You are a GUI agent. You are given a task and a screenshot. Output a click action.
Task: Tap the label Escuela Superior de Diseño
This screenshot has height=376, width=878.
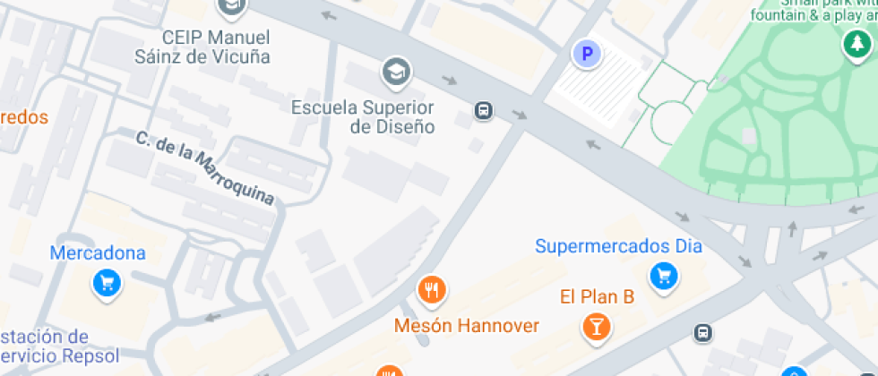coord(363,117)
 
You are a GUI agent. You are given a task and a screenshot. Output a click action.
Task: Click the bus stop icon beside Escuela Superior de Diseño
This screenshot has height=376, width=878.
coord(484,111)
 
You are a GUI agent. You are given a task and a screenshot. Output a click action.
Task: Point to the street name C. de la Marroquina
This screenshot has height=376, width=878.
coord(205,168)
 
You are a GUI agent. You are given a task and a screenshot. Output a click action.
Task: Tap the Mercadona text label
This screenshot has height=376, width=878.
coord(98,253)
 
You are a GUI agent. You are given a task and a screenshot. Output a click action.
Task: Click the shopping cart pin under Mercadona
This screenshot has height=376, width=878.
coord(108,285)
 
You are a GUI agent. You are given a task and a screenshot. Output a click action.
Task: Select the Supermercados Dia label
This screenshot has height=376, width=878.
coord(618,246)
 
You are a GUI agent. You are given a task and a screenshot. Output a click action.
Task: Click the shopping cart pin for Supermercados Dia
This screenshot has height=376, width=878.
coord(664,276)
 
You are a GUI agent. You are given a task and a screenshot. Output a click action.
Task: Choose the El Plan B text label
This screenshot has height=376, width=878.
coord(597,296)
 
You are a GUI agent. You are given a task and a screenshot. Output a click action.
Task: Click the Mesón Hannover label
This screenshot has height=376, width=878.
coord(467,325)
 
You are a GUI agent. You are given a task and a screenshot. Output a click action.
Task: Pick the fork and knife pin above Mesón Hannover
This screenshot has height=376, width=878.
coord(433,289)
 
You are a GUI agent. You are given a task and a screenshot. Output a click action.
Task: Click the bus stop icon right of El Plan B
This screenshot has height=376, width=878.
coord(704,334)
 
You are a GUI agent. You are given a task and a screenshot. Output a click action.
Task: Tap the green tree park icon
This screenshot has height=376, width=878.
coord(855,43)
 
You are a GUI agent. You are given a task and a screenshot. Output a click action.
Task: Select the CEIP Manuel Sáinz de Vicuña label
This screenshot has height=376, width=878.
coord(215,47)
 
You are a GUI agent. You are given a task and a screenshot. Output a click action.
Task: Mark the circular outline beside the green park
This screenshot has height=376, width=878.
coord(673,122)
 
